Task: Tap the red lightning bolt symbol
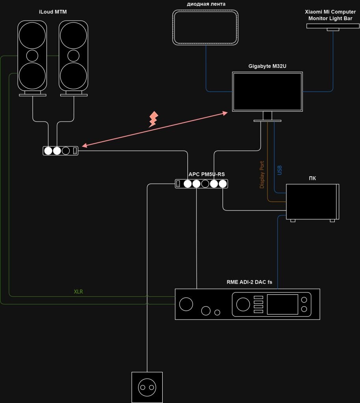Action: (153, 119)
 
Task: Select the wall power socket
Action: (147, 388)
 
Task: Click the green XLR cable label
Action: (79, 292)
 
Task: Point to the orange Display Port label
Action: (262, 175)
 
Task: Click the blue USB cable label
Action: (280, 170)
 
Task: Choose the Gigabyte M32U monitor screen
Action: (267, 91)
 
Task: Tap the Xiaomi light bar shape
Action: (333, 26)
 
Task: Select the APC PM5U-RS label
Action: (206, 174)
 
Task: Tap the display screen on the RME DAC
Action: (282, 304)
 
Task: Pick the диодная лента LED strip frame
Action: (206, 27)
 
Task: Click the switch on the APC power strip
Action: (178, 183)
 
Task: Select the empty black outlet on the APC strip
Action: (205, 183)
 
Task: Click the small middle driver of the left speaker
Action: (32, 55)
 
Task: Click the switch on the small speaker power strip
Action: (75, 150)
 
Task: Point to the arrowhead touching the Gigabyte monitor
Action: (226, 113)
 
